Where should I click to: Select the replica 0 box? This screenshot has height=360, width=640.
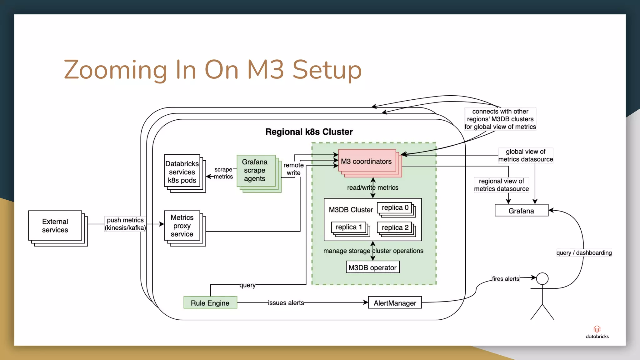coord(395,208)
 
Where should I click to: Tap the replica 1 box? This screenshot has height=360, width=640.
coord(349,227)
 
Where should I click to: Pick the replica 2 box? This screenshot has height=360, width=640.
coord(395,227)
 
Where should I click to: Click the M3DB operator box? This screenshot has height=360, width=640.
coord(372,267)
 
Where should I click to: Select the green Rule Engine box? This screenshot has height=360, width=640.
coord(210,302)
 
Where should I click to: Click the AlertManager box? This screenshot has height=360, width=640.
coord(395,302)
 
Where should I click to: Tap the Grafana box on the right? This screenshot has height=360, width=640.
coord(521,210)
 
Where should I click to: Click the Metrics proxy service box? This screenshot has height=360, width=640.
coord(182,226)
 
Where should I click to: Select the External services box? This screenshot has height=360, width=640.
coord(55,226)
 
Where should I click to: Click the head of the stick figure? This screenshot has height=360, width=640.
coord(542,278)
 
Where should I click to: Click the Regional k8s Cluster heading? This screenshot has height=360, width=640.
coord(309,132)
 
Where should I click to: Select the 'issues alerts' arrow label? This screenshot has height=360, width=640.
coord(286,302)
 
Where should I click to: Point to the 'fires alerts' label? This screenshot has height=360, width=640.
coord(505,278)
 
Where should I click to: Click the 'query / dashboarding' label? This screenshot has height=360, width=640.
coord(584,252)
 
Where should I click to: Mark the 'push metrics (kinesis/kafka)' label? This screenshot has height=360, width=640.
coord(125,224)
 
